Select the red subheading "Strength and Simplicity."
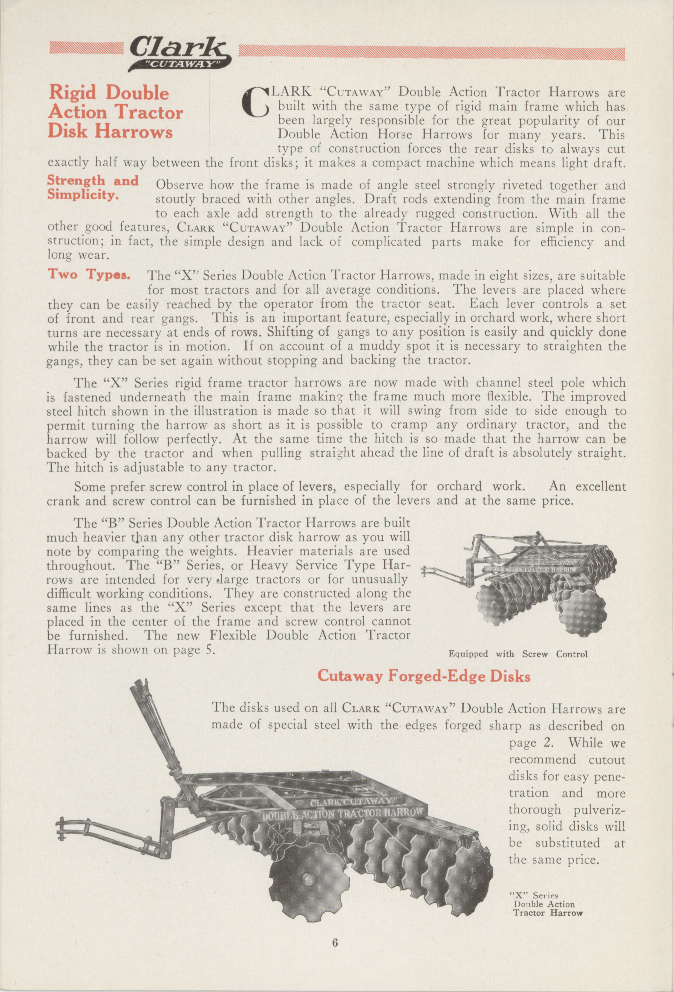pos(93,187)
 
